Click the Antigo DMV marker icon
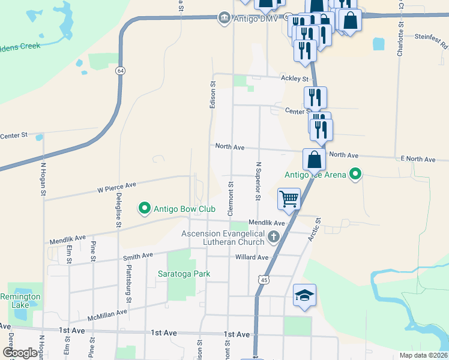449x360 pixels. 224,18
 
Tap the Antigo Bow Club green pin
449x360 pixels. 145,209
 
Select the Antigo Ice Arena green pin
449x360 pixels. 355,175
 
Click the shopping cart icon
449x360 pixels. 289,199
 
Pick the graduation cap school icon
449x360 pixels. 304,295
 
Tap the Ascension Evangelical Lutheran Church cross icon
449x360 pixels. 274,236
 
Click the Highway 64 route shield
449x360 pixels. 121,71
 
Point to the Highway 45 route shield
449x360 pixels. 263,280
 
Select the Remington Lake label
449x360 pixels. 20,301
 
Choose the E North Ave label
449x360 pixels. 418,159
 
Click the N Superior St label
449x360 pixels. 258,181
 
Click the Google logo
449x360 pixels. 20,353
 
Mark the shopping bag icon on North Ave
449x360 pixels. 314,160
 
